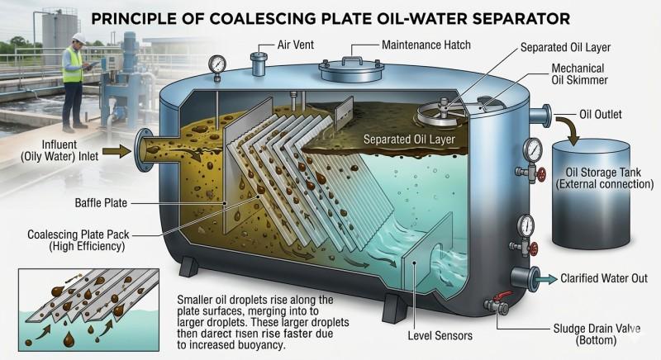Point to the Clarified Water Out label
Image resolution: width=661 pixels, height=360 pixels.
[x=610, y=278]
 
